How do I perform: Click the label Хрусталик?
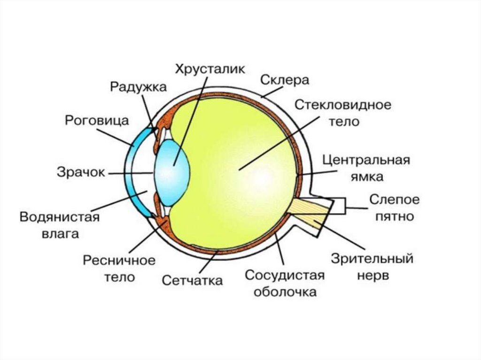(x=210, y=69)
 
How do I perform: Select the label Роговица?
(x=97, y=120)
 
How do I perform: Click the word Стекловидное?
(x=343, y=104)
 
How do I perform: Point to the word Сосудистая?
(x=285, y=275)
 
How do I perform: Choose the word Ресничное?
(x=119, y=260)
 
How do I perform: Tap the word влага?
(x=60, y=233)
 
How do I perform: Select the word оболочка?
(x=285, y=291)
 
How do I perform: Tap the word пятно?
(x=394, y=216)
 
